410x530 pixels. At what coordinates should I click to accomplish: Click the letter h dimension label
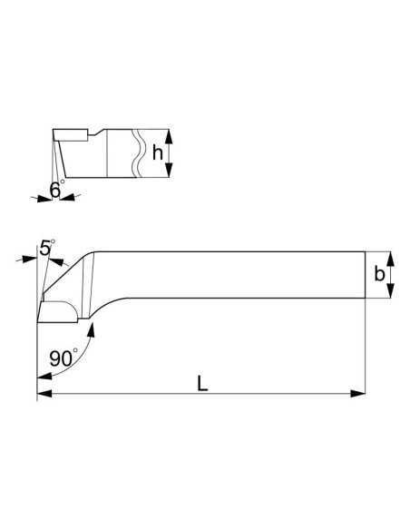[x=159, y=154]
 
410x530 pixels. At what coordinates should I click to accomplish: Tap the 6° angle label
[x=56, y=191]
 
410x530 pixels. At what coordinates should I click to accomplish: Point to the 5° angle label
[x=47, y=247]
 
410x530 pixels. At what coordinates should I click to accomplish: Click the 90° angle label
[x=63, y=358]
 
